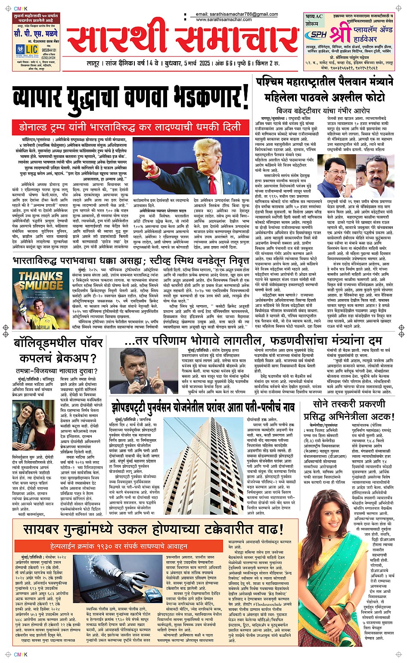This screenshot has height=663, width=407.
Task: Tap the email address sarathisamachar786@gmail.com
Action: coord(237,14)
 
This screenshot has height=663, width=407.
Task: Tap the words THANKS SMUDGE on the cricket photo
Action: coord(41,280)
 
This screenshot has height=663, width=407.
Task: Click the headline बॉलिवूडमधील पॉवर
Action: coord(58,343)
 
